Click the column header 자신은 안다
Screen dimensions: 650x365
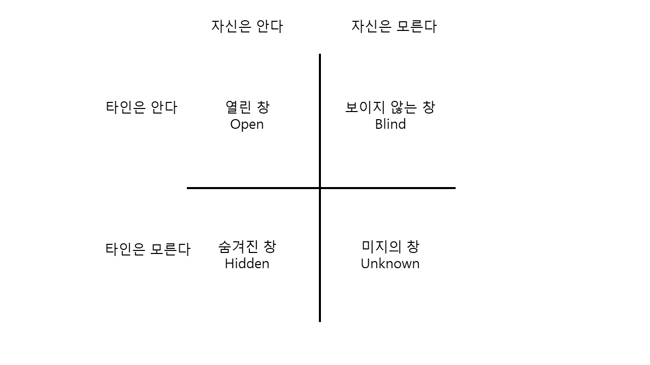247,26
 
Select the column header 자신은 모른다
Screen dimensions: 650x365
394,26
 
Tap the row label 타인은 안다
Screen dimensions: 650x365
142,107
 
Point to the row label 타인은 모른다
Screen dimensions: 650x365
148,249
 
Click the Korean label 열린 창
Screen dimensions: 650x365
247,107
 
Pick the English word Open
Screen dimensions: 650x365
247,125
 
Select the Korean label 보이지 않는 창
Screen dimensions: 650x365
390,107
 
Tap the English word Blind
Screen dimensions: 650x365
390,124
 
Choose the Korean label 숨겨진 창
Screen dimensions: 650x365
247,247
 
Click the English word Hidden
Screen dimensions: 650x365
247,264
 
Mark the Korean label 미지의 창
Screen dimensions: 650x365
391,247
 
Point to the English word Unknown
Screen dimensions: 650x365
390,264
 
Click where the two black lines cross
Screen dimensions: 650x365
320,188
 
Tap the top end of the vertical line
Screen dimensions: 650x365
320,55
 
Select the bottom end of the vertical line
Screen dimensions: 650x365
320,320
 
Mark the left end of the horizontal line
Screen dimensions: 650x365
188,188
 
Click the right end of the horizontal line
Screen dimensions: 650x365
454,188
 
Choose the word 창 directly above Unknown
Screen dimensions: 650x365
413,247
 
